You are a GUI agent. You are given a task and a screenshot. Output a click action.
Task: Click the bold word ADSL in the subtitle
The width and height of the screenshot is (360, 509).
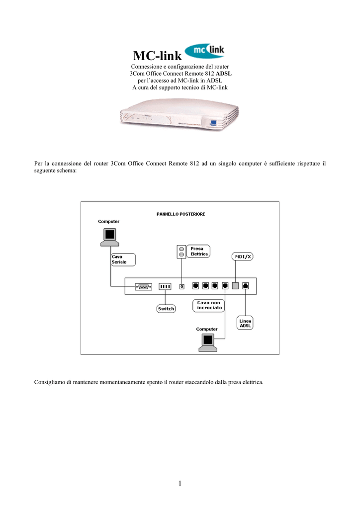(225, 74)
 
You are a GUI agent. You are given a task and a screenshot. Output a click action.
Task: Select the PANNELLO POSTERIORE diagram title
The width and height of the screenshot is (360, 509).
(180, 214)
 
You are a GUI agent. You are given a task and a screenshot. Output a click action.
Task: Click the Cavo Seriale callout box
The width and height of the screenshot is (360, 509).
(122, 259)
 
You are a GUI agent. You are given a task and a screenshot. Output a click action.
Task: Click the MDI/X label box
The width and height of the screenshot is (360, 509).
(243, 256)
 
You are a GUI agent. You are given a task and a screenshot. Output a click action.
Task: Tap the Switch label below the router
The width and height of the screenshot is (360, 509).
(166, 309)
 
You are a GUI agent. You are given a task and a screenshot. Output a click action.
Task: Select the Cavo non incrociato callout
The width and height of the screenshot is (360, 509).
(208, 305)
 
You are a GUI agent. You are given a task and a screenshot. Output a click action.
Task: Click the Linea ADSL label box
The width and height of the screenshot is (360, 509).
(245, 323)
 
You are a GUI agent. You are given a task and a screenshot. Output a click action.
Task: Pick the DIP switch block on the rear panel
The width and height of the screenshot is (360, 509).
(165, 286)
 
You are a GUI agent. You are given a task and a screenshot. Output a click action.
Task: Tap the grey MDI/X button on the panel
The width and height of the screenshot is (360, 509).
(236, 286)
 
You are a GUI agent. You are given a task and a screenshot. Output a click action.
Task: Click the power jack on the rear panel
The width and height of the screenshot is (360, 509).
(182, 286)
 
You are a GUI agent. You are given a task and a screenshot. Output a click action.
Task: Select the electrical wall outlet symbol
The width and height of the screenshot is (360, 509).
(181, 252)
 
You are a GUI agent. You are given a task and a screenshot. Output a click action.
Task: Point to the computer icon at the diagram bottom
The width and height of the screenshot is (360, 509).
(207, 342)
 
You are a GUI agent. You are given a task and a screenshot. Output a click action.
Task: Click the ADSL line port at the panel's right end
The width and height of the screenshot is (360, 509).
(246, 286)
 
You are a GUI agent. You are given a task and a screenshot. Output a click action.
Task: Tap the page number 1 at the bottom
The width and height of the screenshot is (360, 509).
(180, 483)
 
